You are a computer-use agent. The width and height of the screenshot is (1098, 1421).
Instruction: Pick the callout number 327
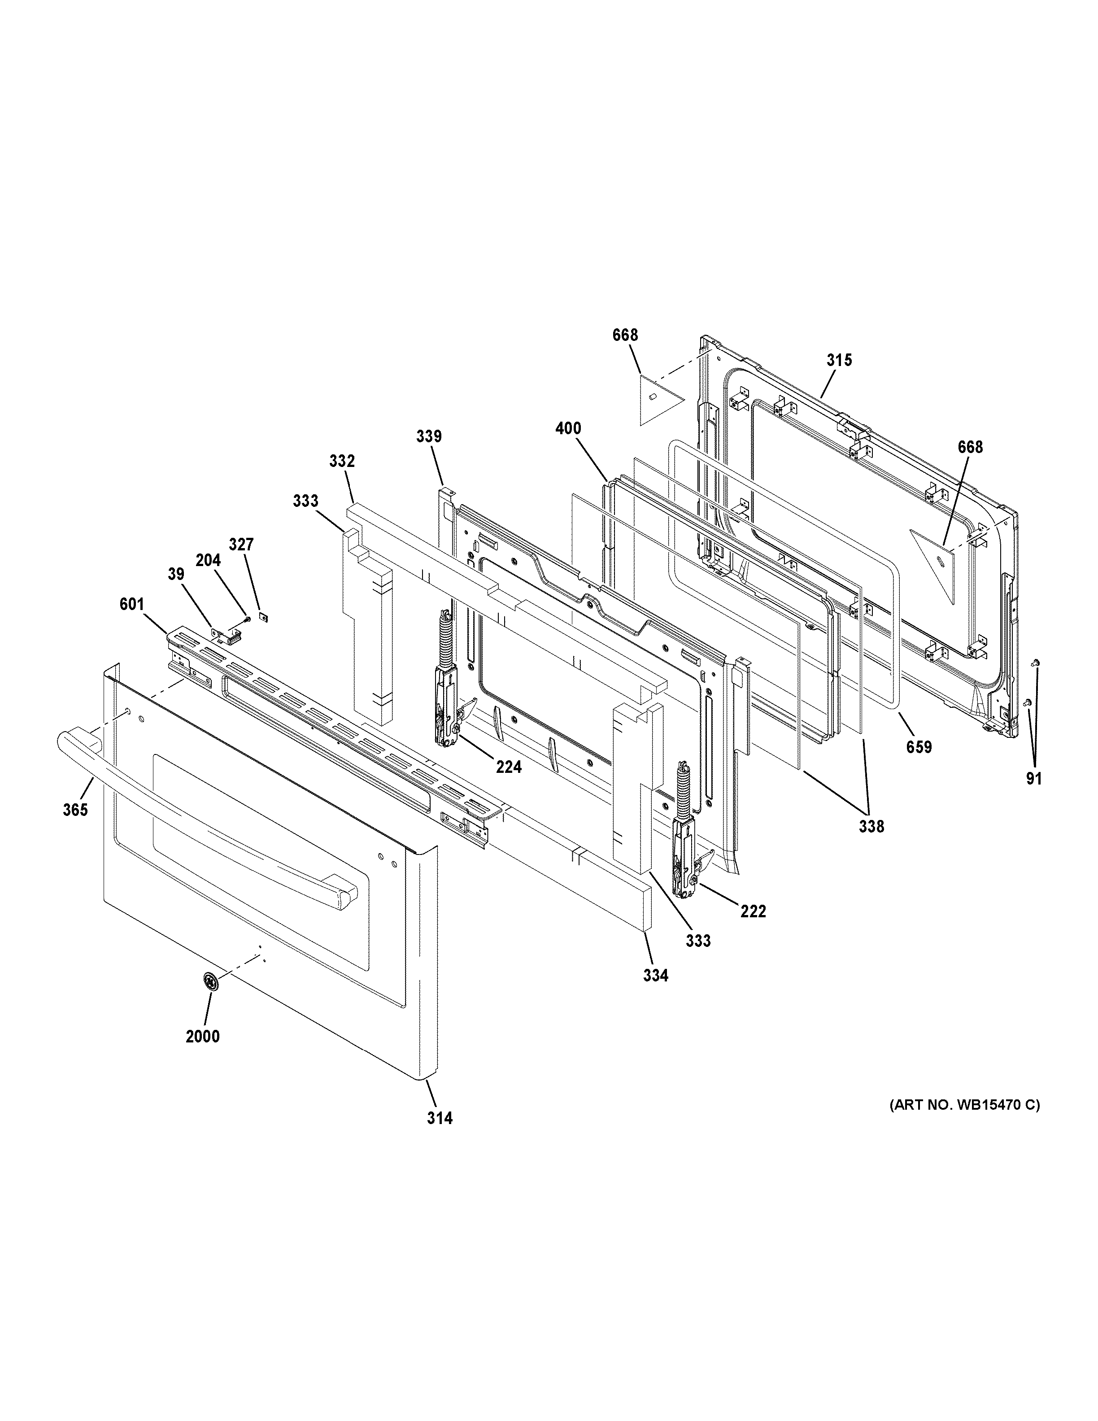[x=241, y=545]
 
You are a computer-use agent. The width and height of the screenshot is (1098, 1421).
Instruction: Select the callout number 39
[x=176, y=574]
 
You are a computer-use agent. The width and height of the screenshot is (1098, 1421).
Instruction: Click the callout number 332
[x=342, y=461]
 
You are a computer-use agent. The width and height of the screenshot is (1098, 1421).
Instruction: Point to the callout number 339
[x=429, y=436]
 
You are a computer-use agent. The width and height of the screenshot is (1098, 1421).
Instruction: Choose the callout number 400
[x=569, y=428]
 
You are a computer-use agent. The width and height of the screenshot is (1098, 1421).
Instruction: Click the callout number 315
[x=839, y=360]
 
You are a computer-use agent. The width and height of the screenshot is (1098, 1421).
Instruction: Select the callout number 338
[x=871, y=826]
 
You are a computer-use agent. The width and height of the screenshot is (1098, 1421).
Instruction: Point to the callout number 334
[x=656, y=994]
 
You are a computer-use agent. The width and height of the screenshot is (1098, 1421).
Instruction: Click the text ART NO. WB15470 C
[x=965, y=1104]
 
